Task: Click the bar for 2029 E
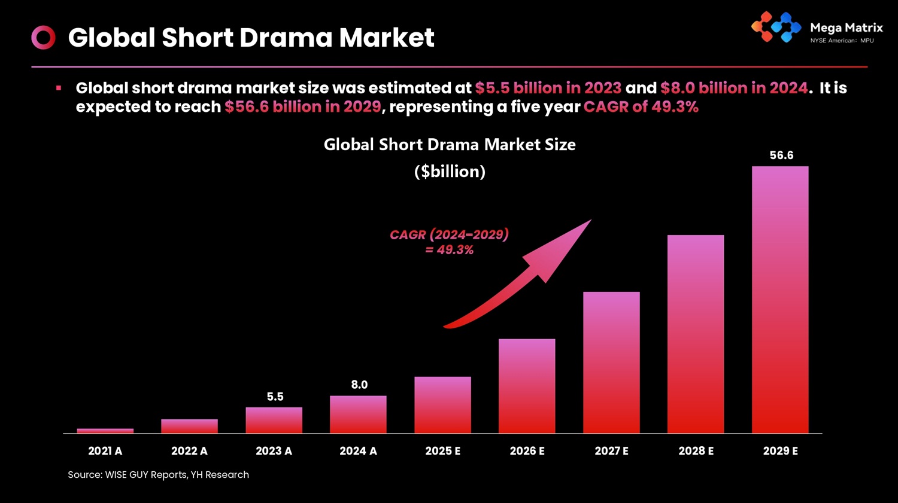tap(780, 299)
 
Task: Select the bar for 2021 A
tap(105, 431)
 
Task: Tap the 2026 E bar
tap(527, 386)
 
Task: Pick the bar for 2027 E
tap(611, 362)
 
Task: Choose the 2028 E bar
tap(696, 334)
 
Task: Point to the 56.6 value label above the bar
tap(781, 156)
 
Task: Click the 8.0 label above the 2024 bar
tap(359, 385)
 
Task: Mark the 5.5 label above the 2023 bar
tap(275, 397)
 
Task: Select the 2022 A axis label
tap(189, 451)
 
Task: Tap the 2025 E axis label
tap(443, 451)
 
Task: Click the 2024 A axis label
tap(358, 451)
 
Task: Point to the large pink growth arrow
tap(527, 275)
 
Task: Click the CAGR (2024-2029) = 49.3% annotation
tap(449, 242)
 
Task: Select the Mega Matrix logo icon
tap(776, 28)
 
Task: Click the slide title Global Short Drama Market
tap(251, 38)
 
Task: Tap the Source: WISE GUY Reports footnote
tap(158, 475)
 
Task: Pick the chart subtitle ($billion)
tap(450, 172)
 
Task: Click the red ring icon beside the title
tap(43, 38)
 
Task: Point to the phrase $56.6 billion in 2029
tap(303, 107)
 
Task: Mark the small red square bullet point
tap(59, 89)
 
